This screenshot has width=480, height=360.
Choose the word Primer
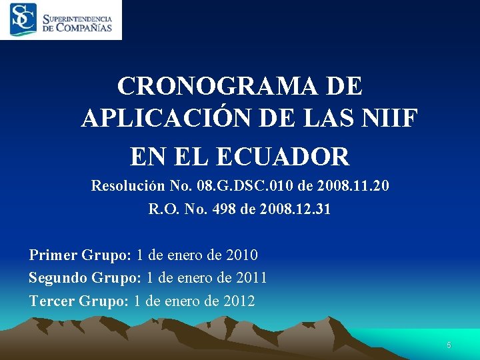(53, 255)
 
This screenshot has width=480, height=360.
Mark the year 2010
(241, 255)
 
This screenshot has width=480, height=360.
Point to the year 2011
(250, 277)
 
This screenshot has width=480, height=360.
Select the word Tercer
(51, 301)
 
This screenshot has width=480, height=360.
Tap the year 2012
(238, 301)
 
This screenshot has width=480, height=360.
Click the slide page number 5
(449, 345)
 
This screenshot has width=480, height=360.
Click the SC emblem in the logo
(23, 19)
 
